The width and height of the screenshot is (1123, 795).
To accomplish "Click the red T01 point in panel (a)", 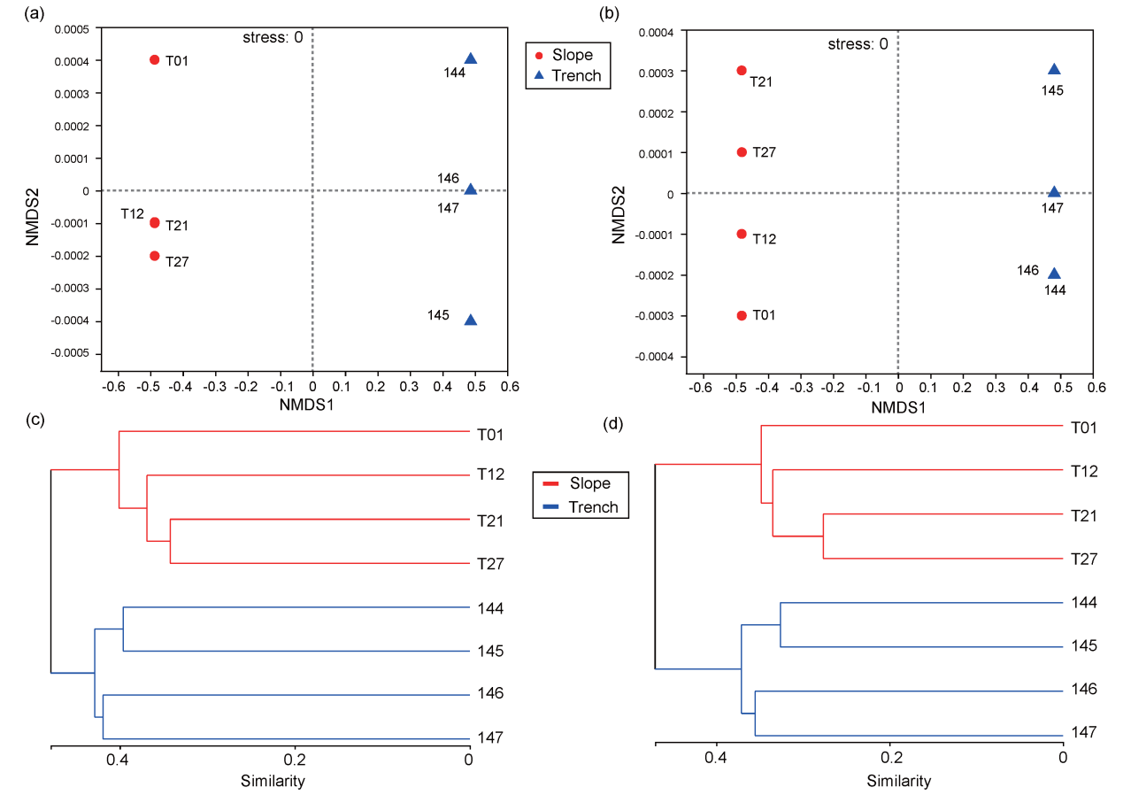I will click(155, 60).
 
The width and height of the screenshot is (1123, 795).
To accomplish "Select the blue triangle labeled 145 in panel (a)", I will click(471, 320).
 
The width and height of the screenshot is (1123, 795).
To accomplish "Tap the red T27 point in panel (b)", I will click(742, 152).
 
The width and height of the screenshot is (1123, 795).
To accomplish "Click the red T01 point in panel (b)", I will click(742, 315).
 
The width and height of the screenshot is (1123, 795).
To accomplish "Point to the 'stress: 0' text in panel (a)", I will click(273, 37).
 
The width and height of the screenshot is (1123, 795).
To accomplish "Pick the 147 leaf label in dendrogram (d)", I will click(1083, 732).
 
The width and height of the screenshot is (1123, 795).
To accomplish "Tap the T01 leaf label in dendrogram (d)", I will click(1084, 428).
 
